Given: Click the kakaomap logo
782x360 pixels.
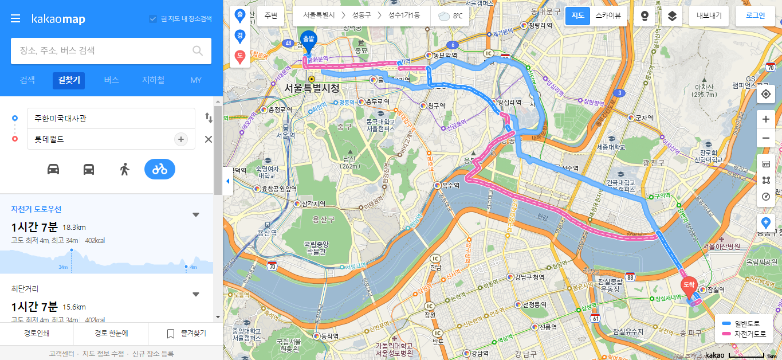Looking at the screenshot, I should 58,19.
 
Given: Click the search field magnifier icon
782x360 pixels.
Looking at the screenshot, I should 198,51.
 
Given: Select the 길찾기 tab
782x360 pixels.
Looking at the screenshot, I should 69,80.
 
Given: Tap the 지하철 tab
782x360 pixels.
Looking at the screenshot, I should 153,80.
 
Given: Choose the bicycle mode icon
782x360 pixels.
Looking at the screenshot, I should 160,169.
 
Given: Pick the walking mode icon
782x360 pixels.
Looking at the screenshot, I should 124,169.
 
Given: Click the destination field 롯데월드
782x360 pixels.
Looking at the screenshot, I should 100,139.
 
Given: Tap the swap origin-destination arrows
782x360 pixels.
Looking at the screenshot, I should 209,118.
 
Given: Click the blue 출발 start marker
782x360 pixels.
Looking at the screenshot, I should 308,40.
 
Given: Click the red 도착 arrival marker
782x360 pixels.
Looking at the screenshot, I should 688,284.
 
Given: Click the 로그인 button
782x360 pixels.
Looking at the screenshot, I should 755,16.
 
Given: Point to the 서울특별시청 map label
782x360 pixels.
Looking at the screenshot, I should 312,88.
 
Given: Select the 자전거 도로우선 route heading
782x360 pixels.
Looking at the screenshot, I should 36,209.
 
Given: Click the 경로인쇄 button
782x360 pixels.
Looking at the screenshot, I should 37,333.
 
